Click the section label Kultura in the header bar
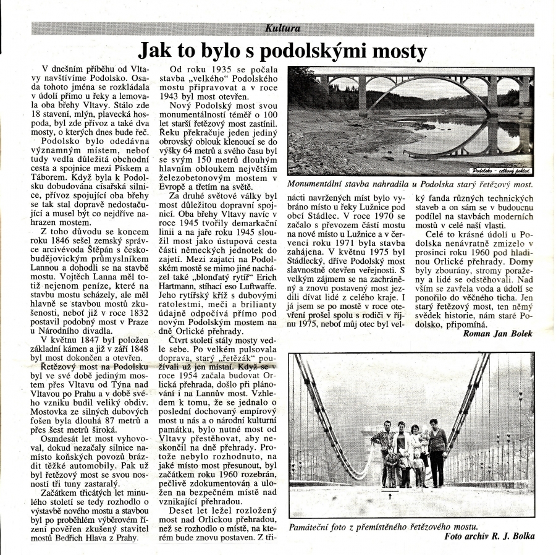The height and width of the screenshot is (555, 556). click(x=283, y=28)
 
